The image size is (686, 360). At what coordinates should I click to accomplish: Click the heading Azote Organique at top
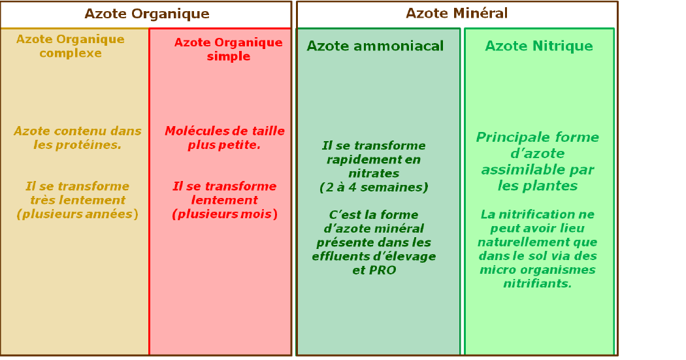click(147, 14)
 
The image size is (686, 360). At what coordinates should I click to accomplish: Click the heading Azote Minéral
click(457, 14)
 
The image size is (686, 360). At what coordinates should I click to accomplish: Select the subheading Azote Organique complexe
click(71, 46)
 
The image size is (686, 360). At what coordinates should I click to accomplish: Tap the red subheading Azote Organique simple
click(229, 50)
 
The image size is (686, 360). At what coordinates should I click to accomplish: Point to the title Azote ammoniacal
click(375, 46)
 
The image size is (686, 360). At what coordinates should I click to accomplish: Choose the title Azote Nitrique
click(539, 46)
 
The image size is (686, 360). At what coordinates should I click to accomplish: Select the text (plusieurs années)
click(77, 214)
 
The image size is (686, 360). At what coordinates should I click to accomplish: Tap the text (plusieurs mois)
click(225, 214)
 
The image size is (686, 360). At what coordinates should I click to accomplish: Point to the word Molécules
click(192, 131)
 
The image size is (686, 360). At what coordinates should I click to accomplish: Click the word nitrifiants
click(537, 284)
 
